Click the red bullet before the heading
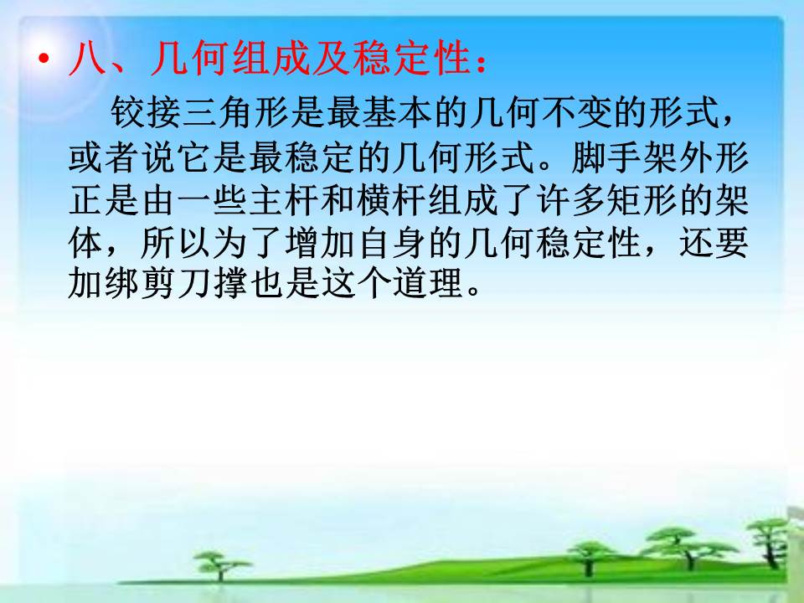tap(44, 59)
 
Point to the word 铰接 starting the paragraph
tap(146, 112)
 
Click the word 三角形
tap(236, 112)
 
